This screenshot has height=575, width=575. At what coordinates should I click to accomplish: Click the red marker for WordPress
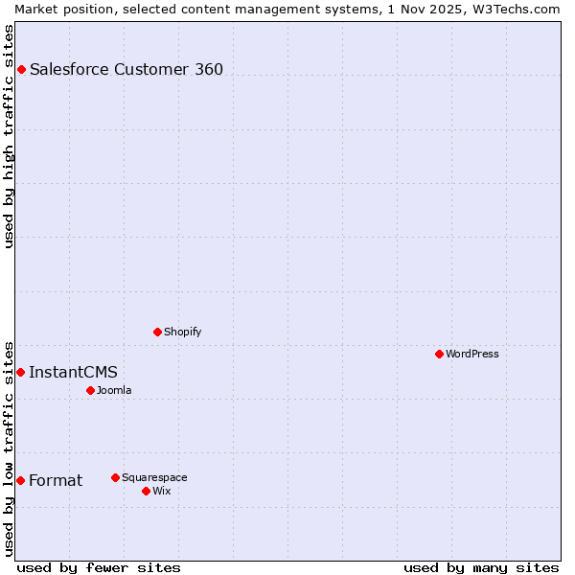tap(439, 354)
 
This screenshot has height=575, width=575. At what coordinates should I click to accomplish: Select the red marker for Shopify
tap(157, 332)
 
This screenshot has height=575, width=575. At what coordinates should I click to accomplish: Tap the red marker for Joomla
tap(90, 390)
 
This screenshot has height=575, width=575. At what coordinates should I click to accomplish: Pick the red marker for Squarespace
tap(115, 477)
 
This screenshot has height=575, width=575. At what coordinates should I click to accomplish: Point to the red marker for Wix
tap(146, 491)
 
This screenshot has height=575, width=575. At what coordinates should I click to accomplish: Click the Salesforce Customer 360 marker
tap(21, 69)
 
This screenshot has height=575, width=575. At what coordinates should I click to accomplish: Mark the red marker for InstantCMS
tap(20, 372)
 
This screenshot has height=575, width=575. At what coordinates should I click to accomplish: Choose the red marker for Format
tap(20, 480)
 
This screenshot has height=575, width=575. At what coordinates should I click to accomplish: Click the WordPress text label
tap(472, 354)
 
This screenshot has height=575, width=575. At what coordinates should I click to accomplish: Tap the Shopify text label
tap(182, 332)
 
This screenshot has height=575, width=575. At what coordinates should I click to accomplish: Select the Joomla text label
tap(114, 390)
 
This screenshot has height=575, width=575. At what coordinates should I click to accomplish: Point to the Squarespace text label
tap(154, 477)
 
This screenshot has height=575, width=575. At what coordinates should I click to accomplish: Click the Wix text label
tap(161, 491)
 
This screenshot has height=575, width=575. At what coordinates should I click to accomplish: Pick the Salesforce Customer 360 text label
tap(126, 69)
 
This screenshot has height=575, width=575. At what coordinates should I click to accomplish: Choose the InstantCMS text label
tap(73, 372)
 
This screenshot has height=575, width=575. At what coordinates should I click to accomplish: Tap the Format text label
tap(56, 480)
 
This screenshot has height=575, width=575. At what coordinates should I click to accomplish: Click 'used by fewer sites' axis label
tap(99, 567)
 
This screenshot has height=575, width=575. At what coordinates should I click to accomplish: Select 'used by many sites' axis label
tap(481, 567)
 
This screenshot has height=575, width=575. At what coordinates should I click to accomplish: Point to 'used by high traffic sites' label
tap(9, 136)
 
